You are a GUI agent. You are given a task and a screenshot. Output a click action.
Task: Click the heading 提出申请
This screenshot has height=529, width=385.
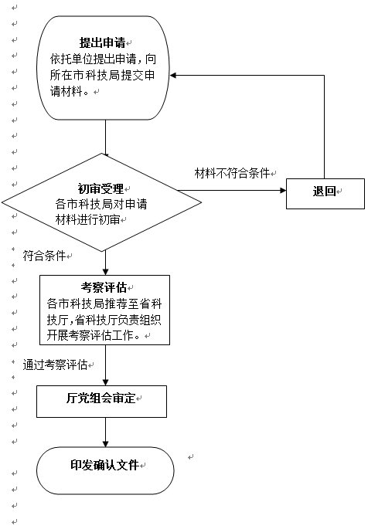point(102,42)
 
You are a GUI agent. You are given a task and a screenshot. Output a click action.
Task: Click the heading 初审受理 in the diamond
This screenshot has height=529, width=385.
point(101,189)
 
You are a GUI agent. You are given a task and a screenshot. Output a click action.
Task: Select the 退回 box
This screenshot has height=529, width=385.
point(325,194)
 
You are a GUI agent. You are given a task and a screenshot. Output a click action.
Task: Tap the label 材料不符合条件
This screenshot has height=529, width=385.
point(233,174)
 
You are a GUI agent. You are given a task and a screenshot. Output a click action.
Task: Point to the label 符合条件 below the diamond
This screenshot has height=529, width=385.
point(44,256)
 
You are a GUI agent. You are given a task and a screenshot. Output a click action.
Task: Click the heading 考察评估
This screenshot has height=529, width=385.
point(104,287)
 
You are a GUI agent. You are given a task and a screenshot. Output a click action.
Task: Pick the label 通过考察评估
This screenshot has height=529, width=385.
point(56,365)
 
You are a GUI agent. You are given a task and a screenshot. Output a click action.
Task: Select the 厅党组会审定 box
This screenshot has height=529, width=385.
point(101,402)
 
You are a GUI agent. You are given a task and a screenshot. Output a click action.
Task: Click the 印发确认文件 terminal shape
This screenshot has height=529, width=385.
point(105,470)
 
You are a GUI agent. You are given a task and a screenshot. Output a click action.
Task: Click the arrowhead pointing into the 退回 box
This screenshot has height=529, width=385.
point(283,190)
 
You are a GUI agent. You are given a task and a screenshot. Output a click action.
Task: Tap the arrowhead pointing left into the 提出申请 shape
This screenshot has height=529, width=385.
point(173,75)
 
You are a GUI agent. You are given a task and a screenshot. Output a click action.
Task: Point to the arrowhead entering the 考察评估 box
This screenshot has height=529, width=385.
point(105,272)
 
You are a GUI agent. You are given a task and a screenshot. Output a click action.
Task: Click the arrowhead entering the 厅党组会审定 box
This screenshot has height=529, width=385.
point(105,382)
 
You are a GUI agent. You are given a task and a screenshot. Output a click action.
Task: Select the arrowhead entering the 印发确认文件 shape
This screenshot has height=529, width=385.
point(105,444)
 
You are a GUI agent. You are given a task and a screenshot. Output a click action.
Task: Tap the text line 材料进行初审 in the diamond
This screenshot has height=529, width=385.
point(88,220)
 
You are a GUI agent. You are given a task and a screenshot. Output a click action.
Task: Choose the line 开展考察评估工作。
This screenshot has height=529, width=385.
point(94,336)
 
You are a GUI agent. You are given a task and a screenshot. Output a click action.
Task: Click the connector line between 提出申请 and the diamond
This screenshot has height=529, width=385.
point(105,138)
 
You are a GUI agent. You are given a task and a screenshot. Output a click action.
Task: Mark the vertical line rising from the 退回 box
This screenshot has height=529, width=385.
point(324,127)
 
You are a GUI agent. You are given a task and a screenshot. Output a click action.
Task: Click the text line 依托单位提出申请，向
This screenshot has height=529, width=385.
point(103,59)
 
